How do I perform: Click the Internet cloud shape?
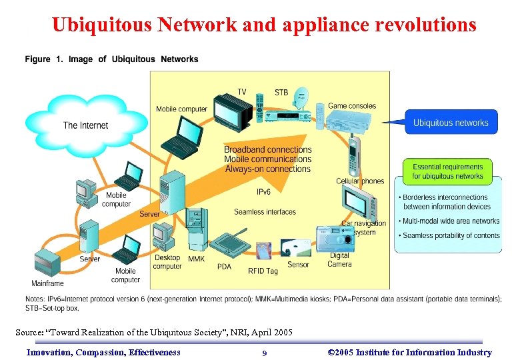[x=76, y=124]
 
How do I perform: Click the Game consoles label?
[x=351, y=105]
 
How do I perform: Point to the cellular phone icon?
[x=354, y=157]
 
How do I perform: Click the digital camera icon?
[x=331, y=239]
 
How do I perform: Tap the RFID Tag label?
[x=262, y=271]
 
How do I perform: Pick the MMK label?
[x=197, y=259]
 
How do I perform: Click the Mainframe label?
[x=47, y=283]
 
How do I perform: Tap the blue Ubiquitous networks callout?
[x=451, y=123]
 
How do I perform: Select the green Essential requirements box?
[x=447, y=171]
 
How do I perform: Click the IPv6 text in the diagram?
[x=264, y=192]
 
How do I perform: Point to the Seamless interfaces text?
[x=265, y=212]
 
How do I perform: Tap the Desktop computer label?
[x=167, y=262]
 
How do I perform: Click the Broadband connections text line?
[x=267, y=150]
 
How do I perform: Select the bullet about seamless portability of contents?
[x=450, y=235]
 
